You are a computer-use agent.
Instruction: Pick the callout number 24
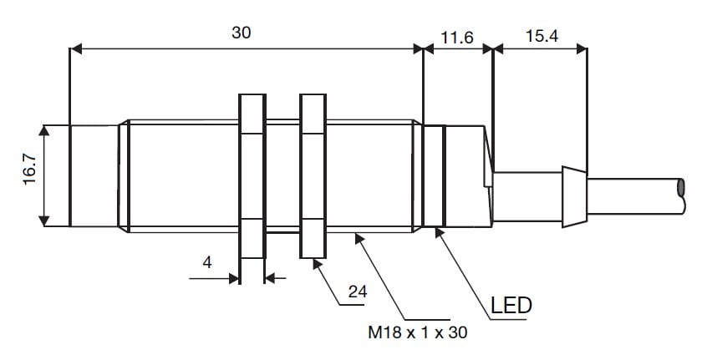(359, 293)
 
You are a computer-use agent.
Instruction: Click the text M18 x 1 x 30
(418, 332)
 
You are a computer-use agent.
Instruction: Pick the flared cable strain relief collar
(573, 196)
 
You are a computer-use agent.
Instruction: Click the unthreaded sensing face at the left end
(94, 175)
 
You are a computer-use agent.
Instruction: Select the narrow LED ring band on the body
(433, 175)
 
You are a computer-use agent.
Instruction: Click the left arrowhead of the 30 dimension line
(76, 49)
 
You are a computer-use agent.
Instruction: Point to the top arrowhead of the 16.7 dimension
(43, 130)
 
